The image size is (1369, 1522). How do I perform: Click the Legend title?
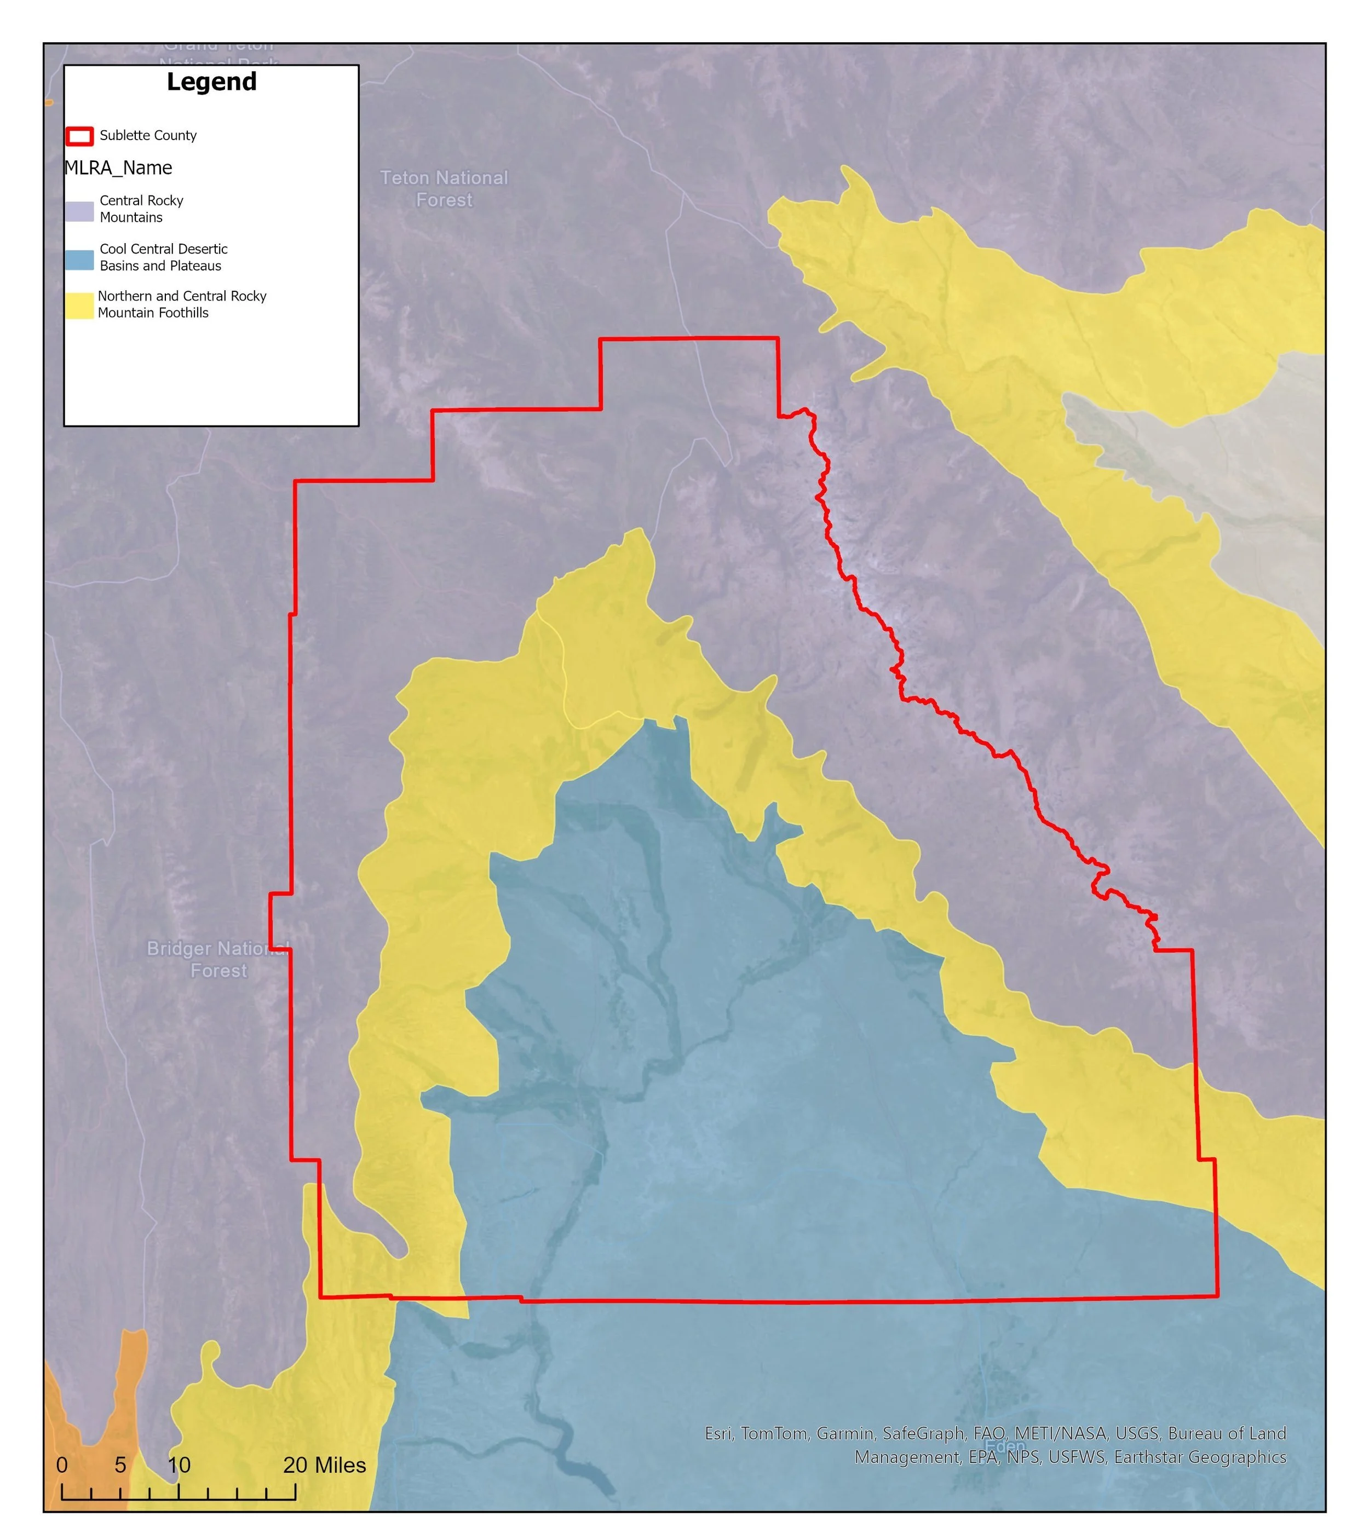point(211,82)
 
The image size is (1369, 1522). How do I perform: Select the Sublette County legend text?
point(148,135)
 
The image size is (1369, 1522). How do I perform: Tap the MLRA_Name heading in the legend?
point(118,168)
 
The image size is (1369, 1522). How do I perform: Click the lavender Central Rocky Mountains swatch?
point(79,210)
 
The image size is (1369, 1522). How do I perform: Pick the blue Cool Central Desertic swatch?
point(79,260)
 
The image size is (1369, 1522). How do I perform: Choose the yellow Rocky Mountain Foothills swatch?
point(79,306)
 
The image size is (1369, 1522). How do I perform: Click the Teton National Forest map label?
point(444,189)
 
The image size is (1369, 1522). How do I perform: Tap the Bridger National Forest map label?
point(217,960)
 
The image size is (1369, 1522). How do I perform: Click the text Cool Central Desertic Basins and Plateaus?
point(163,257)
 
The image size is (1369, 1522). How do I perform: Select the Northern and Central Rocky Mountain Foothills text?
point(181,304)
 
